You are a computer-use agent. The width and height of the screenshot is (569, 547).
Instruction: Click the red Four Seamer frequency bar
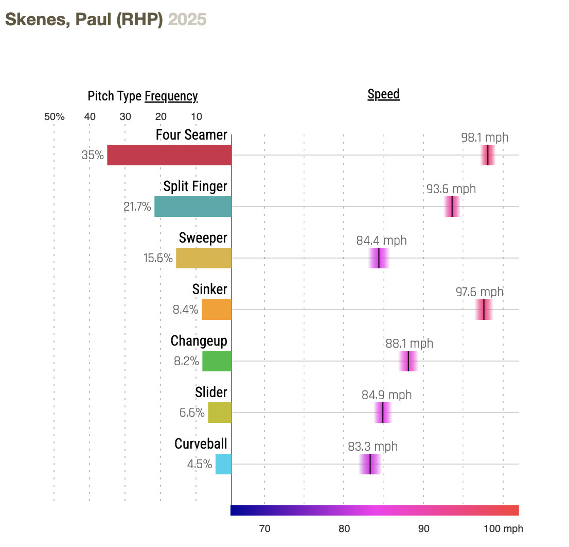click(169, 155)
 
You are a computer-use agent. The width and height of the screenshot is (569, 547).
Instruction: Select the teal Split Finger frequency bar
click(193, 207)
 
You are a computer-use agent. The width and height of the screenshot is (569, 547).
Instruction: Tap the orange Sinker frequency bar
click(217, 310)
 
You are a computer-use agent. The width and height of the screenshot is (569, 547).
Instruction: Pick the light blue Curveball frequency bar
click(223, 464)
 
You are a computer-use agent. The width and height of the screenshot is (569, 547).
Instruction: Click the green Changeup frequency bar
click(217, 361)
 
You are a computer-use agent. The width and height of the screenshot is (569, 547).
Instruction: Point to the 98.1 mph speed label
click(485, 138)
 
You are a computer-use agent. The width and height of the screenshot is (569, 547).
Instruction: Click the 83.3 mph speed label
click(372, 447)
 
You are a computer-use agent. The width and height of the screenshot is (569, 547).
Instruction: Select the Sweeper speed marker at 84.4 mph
click(379, 258)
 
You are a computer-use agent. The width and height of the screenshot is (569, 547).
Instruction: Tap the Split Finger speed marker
click(452, 207)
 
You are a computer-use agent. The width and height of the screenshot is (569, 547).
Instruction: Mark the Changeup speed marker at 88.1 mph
click(408, 361)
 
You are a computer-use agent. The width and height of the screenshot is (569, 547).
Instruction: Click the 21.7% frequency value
click(137, 207)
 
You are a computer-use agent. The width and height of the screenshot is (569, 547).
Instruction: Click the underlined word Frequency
click(171, 96)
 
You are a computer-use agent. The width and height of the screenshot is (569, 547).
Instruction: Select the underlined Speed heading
click(383, 94)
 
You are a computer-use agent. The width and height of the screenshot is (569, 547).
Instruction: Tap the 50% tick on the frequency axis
click(54, 117)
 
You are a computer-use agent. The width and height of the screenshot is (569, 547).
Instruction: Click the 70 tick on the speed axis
click(264, 529)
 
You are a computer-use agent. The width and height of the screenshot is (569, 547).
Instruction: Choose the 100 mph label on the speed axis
click(503, 529)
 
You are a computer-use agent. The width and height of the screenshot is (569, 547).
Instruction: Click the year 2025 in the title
click(187, 20)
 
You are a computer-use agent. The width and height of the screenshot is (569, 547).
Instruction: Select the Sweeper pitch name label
click(203, 238)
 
